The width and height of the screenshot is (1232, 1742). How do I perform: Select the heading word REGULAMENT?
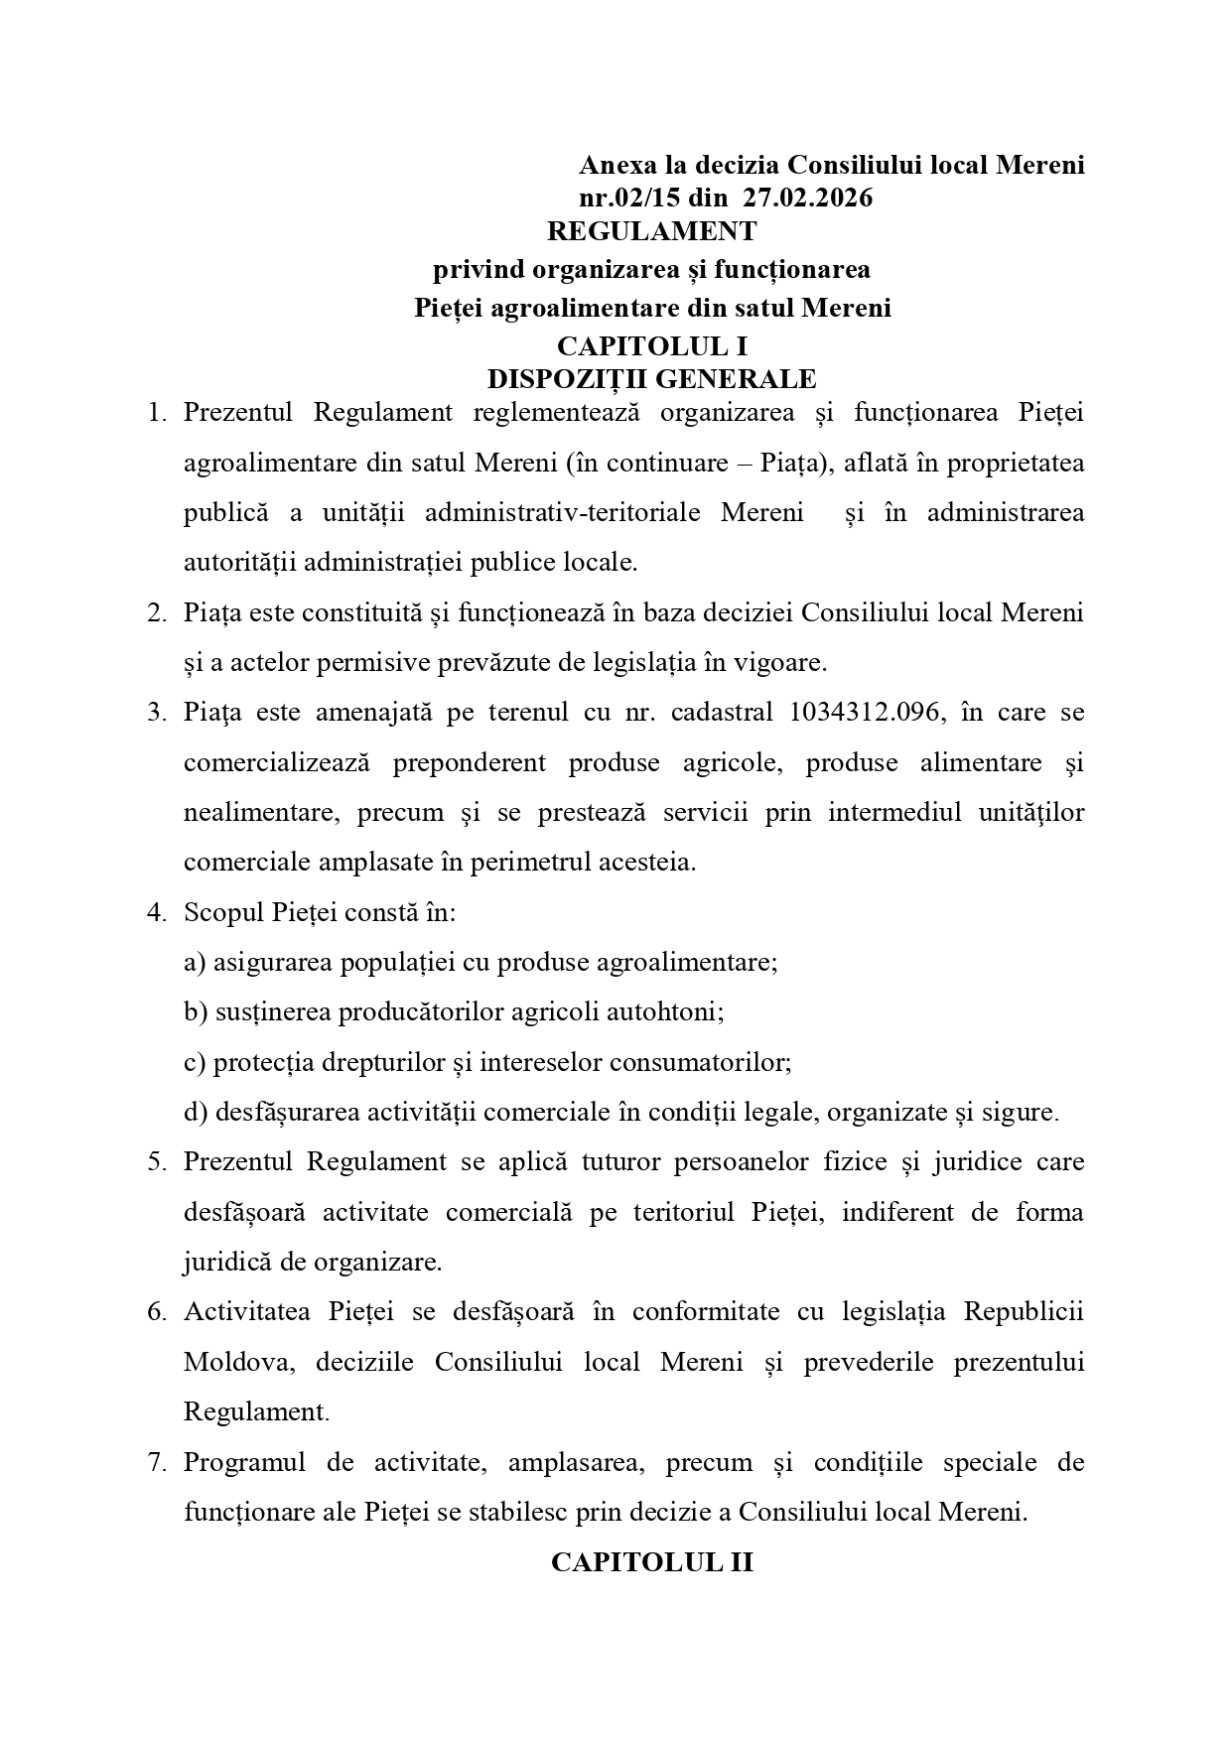(x=651, y=231)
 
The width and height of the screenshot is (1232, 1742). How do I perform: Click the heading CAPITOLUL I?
(x=651, y=346)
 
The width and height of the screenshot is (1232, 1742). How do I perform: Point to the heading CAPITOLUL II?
(x=651, y=1562)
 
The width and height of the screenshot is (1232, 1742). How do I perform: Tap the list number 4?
(x=155, y=912)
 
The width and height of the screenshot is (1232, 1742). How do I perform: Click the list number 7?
(x=155, y=1462)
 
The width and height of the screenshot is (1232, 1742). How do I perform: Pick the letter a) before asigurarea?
(x=196, y=962)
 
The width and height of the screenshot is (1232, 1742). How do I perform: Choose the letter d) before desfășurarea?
(x=196, y=1112)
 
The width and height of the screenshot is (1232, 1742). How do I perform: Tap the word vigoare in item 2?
(x=781, y=662)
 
